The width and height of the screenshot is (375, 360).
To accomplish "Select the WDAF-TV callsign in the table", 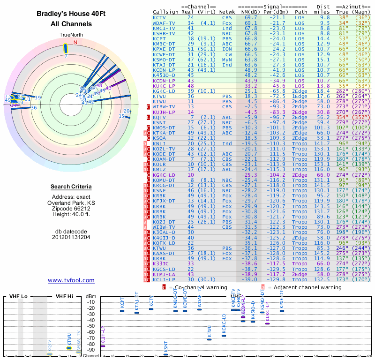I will pos(164,22).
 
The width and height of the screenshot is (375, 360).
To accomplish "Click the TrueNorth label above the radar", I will pos(71,35).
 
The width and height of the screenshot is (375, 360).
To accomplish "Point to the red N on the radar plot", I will pos(75,42).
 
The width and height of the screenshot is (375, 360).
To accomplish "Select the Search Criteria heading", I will pos(71,187).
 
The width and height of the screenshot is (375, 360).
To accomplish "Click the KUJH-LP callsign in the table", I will pos(164,112).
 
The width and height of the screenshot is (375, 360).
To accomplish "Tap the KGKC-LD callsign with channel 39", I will pos(164,91).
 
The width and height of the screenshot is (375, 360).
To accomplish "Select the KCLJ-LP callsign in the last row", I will pos(164,279).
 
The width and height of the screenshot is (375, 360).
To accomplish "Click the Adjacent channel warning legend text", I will pos(304,287).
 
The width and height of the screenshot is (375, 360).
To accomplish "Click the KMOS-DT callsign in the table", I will pos(164,127).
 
